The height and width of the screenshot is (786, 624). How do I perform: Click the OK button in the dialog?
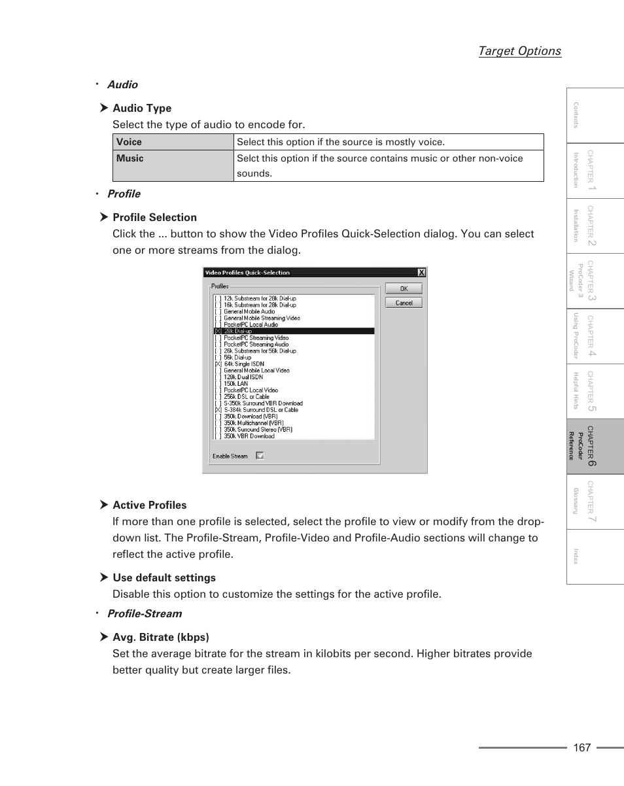point(404,288)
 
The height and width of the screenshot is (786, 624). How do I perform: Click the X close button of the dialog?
point(421,273)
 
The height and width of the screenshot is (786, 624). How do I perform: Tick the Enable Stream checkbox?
point(260,456)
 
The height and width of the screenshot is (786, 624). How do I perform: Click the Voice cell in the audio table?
point(173,142)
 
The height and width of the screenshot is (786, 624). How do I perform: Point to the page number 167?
point(581,747)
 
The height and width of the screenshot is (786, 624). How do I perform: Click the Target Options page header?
point(519,51)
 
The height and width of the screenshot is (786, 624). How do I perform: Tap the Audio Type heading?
point(142,109)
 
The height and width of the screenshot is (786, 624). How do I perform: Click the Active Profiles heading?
point(149,505)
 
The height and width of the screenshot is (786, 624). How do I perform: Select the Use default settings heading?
point(164,578)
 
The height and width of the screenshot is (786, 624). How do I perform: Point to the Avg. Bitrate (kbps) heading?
point(160,638)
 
